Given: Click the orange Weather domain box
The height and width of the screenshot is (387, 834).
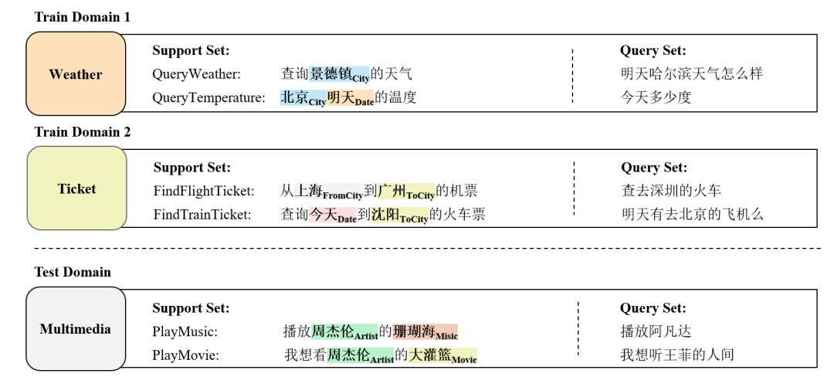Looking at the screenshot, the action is point(76,74).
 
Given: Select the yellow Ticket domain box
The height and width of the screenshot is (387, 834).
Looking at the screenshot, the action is point(76,188).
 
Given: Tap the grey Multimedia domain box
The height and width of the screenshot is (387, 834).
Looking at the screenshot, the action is point(76,329).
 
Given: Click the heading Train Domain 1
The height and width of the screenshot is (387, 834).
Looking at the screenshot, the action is point(83,17).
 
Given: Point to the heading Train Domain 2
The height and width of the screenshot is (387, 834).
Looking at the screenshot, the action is point(83,132).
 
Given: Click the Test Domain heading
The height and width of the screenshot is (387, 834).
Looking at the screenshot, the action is point(73,272).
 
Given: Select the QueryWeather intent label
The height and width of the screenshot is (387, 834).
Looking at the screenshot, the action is point(196,74).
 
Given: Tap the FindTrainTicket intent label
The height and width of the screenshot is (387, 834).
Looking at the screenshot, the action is point(202,215).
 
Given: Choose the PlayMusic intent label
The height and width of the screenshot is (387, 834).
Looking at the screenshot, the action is point(185,331).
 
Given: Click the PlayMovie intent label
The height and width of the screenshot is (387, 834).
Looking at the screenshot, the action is point(185,355).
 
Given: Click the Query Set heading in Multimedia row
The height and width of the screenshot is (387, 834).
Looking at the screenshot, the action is point(653,308).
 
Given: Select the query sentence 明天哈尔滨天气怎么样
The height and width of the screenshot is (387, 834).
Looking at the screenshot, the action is point(692,74).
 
